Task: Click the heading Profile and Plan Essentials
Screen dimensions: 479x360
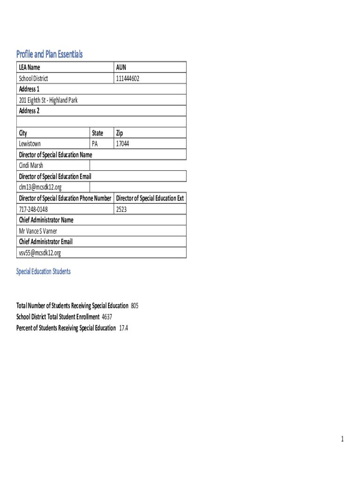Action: coord(50,54)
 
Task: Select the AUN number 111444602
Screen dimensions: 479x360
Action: coord(128,79)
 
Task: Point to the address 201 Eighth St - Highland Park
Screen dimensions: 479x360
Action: coord(48,100)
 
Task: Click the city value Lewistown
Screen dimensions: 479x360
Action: coord(29,144)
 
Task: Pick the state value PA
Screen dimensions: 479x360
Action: coord(95,144)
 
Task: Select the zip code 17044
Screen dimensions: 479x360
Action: coord(122,144)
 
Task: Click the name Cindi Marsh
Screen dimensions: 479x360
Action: coord(31,166)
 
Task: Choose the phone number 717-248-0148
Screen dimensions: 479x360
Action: coord(33,209)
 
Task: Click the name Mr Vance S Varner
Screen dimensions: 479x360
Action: coord(38,231)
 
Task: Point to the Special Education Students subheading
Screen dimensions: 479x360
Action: coord(43,271)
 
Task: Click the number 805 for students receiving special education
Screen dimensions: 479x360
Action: coord(135,306)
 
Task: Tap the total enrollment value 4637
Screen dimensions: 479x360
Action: coord(107,317)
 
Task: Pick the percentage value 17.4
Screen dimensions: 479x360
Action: coord(123,328)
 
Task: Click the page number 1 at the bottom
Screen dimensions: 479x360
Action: coord(342,439)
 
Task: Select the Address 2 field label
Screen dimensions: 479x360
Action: coord(29,111)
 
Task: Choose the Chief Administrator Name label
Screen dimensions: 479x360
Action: coord(46,220)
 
